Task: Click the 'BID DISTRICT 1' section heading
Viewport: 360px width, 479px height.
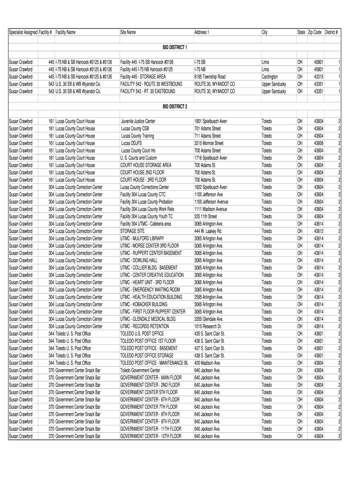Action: pyautogui.click(x=175, y=47)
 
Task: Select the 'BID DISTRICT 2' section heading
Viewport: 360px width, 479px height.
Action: pyautogui.click(x=175, y=106)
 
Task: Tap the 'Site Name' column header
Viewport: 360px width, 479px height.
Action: pyautogui.click(x=128, y=32)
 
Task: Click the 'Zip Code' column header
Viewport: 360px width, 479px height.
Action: pyautogui.click(x=315, y=32)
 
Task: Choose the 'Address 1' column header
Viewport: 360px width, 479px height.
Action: pyautogui.click(x=202, y=32)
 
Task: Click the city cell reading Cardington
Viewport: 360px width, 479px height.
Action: pyautogui.click(x=270, y=77)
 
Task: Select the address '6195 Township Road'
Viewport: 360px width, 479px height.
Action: pyautogui.click(x=210, y=77)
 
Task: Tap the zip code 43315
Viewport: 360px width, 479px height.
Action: pyautogui.click(x=318, y=77)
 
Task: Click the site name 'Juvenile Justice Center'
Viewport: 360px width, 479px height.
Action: pyautogui.click(x=138, y=121)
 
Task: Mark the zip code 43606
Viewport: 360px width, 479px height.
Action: pyautogui.click(x=318, y=143)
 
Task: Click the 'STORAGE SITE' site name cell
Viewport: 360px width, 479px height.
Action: pyautogui.click(x=132, y=231)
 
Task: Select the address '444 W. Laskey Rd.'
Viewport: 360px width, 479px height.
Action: pyautogui.click(x=208, y=231)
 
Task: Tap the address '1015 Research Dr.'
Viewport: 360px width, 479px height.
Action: pyautogui.click(x=208, y=327)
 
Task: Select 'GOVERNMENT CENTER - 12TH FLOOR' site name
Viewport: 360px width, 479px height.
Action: pyautogui.click(x=151, y=436)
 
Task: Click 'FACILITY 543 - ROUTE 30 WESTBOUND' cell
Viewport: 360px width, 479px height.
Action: pyautogui.click(x=151, y=84)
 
